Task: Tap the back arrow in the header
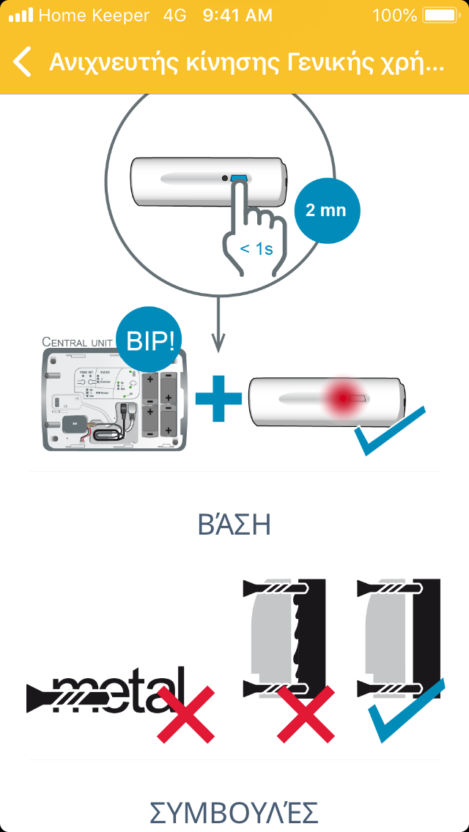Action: coord(23,62)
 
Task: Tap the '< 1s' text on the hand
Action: coord(256,249)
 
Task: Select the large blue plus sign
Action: coord(218,398)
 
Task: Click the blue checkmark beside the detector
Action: coord(388,432)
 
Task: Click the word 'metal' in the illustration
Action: coord(117,690)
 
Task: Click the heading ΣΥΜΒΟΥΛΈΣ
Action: coord(234,813)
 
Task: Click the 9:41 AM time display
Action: coord(237,15)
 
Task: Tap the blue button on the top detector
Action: coord(239,178)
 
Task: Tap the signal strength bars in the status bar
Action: coord(21,15)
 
